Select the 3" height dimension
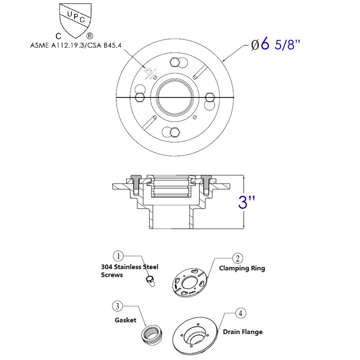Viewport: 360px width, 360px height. pyautogui.click(x=247, y=202)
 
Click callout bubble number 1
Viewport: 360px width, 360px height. pyautogui.click(x=118, y=257)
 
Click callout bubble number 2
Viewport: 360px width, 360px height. pyautogui.click(x=237, y=258)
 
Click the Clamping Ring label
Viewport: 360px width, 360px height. pyautogui.click(x=242, y=269)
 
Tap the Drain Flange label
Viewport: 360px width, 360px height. pyautogui.click(x=243, y=332)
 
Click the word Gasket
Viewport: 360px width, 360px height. pyautogui.click(x=125, y=320)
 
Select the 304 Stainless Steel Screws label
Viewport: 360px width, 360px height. pyautogui.click(x=129, y=271)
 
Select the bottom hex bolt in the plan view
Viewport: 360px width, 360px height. pyautogui.click(x=175, y=133)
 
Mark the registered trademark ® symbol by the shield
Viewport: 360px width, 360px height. pyautogui.click(x=90, y=36)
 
